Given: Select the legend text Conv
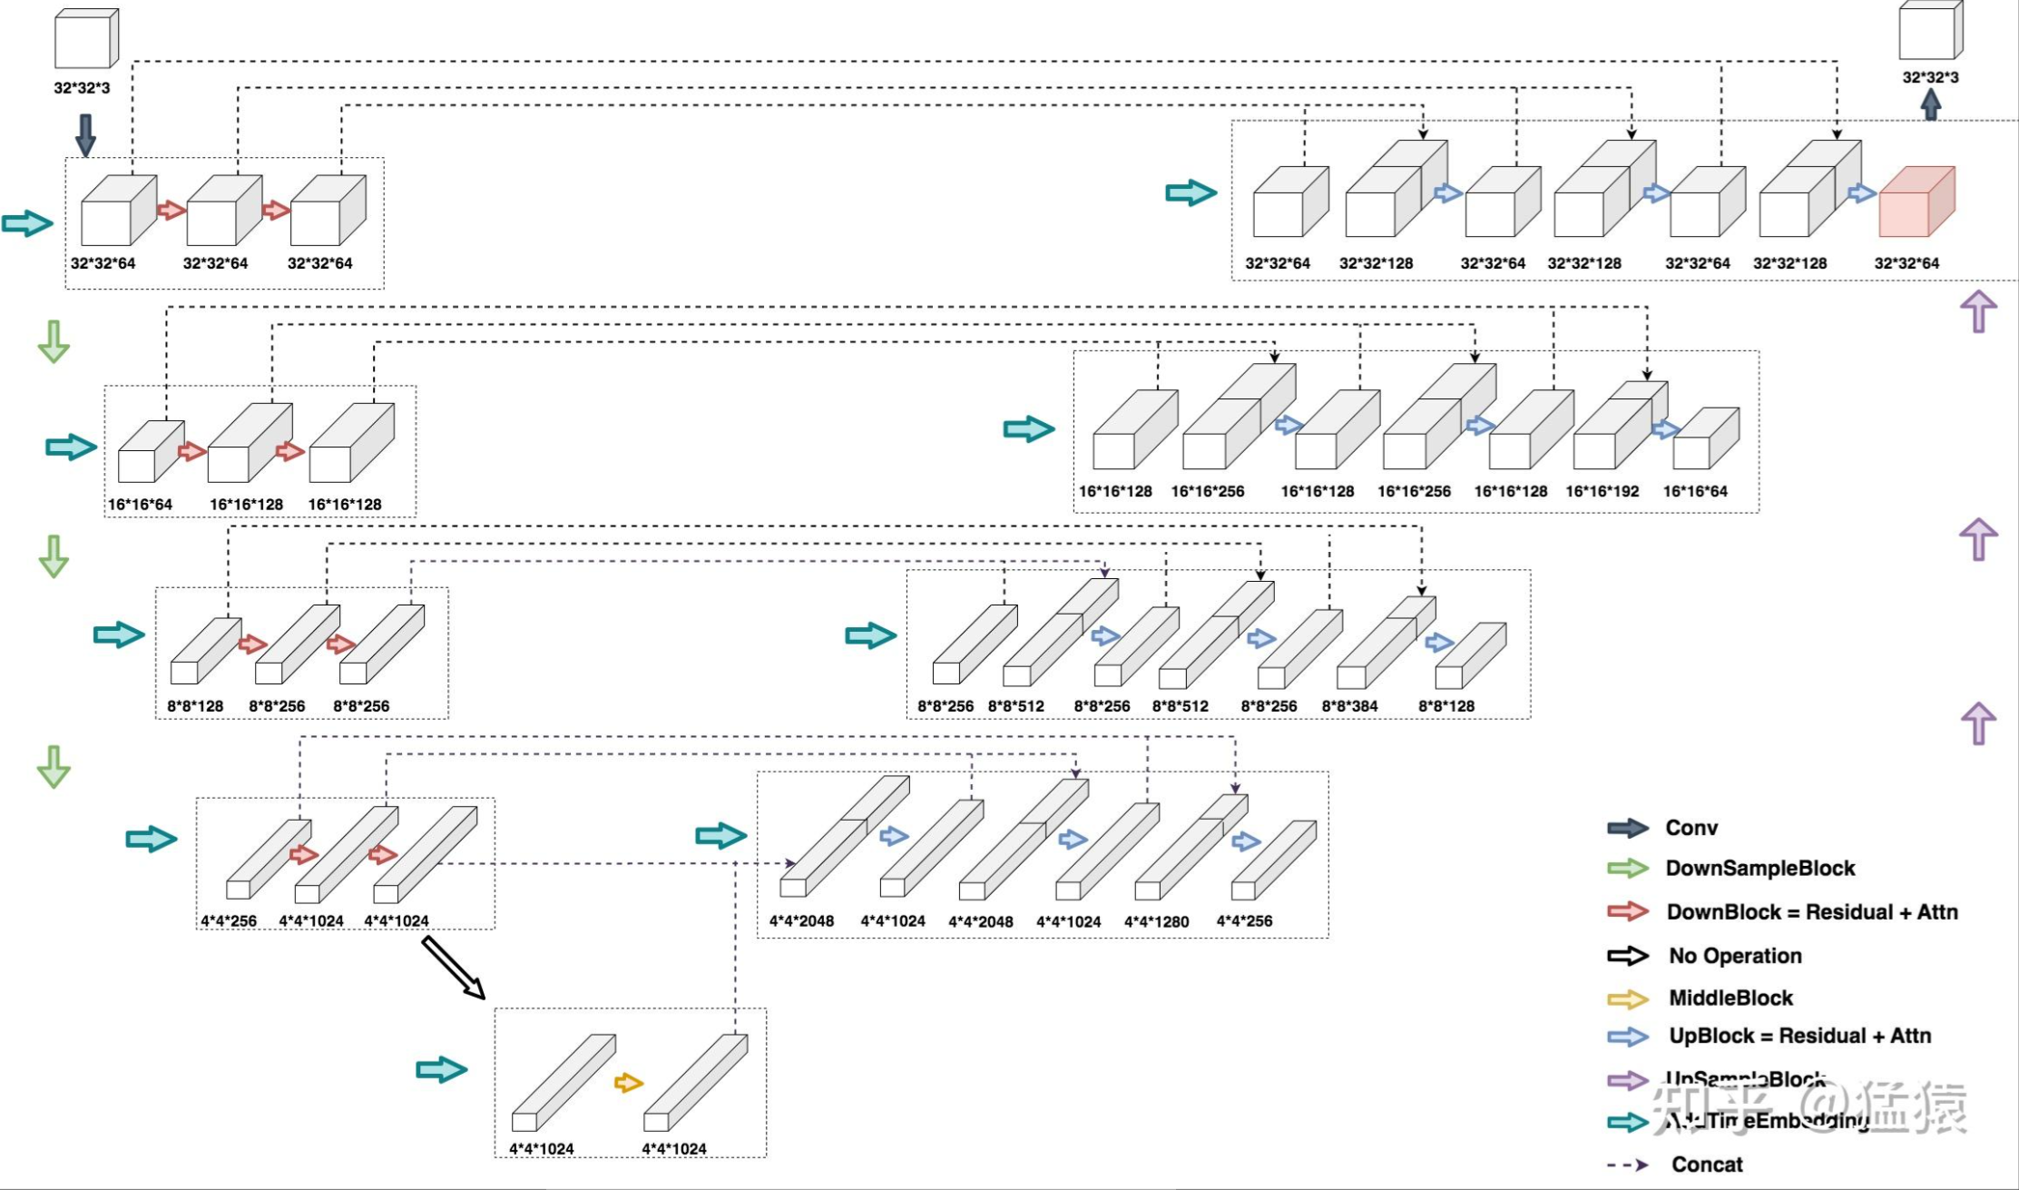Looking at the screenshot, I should (1691, 828).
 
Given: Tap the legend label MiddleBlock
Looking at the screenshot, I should (1730, 998).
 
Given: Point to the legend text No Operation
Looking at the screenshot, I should (1734, 956).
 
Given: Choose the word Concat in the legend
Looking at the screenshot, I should (1707, 1165).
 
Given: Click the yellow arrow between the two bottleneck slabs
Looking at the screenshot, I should (628, 1083).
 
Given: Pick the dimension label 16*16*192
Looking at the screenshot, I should (1602, 492).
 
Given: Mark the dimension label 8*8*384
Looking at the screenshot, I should (1349, 706).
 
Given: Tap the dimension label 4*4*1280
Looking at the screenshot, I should (1156, 922).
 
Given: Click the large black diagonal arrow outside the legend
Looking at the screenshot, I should (453, 968).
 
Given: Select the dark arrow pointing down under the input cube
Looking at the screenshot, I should (85, 134).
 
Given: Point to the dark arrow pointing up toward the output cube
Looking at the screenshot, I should (1930, 104).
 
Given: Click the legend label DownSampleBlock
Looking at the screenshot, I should (1759, 869).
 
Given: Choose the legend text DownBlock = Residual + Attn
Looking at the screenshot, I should (1811, 912).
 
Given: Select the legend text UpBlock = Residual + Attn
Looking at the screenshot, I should (1799, 1037).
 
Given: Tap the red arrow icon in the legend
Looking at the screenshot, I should (1627, 912).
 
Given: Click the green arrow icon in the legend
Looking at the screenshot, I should (1627, 869).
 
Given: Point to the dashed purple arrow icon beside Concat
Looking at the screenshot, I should (1627, 1165).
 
